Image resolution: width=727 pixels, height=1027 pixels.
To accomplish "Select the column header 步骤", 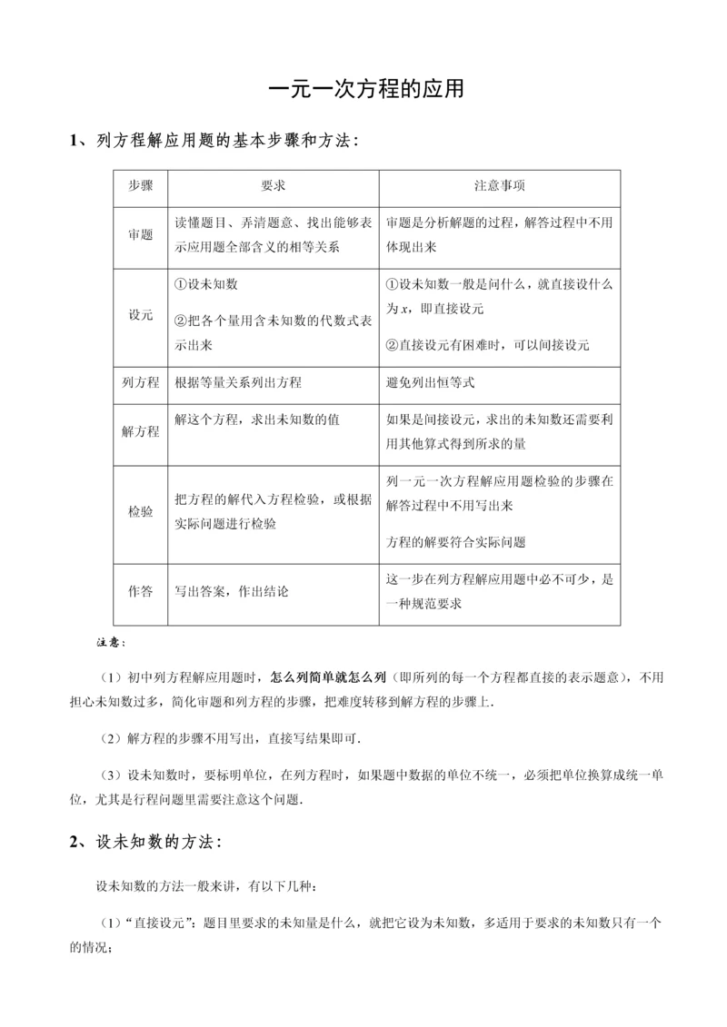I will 140,184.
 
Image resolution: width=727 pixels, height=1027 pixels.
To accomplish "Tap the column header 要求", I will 273,184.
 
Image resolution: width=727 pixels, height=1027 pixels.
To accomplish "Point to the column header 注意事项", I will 499,184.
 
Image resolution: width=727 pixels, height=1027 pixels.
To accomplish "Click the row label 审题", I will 140,234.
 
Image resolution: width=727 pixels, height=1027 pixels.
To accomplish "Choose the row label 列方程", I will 140,383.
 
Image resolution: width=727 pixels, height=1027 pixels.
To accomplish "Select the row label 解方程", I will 140,431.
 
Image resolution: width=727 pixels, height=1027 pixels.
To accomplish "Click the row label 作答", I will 140,591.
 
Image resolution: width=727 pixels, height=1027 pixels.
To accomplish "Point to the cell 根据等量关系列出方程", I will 238,383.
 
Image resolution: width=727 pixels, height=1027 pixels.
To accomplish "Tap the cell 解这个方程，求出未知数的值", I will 257,420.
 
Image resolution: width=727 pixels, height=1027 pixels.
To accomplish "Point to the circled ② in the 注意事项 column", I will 393,345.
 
